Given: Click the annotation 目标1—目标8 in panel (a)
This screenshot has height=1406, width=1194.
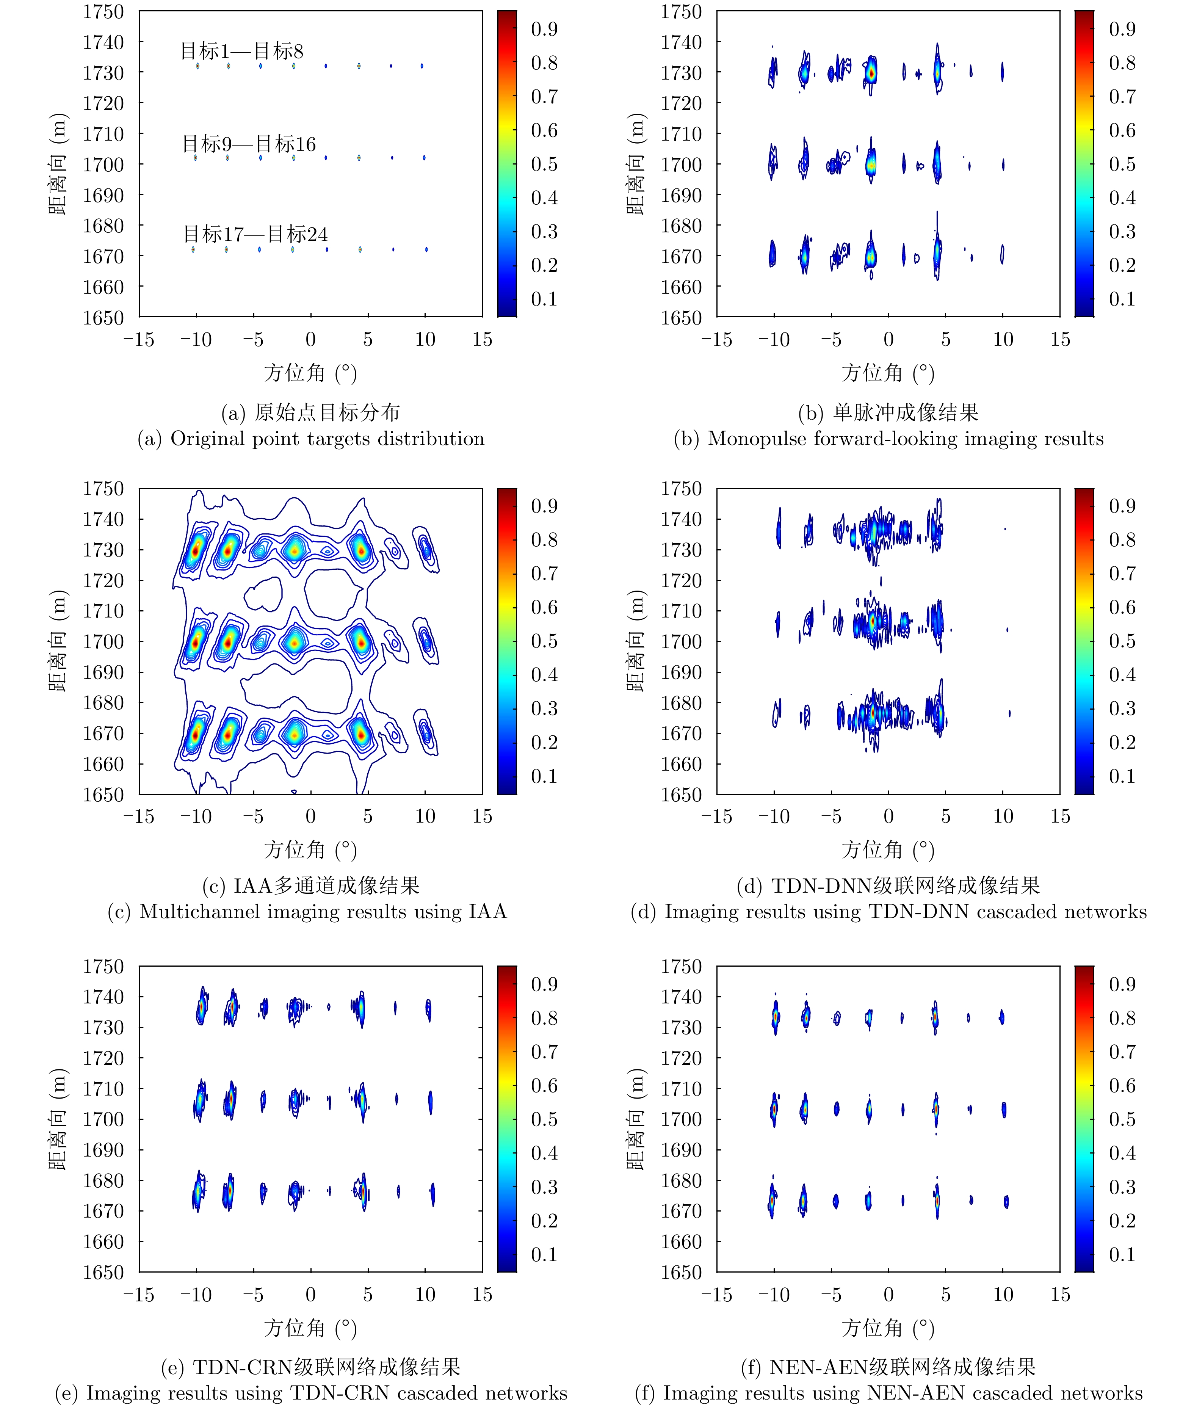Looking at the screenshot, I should point(242,51).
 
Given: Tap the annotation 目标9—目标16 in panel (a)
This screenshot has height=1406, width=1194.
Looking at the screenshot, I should point(249,144).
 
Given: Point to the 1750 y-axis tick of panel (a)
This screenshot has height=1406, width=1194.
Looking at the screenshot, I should point(103,12).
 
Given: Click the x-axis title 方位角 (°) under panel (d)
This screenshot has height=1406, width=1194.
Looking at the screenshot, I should point(887,850).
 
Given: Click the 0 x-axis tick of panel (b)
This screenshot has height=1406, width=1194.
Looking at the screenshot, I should point(888,339).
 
